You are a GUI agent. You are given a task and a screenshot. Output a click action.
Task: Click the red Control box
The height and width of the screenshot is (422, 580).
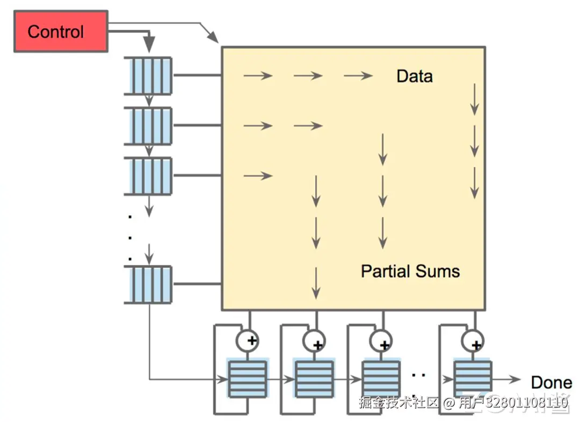[61, 32]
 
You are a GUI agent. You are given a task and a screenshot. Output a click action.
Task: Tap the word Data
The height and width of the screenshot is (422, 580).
[415, 76]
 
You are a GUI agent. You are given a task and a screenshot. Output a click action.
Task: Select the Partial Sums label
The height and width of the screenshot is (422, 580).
[410, 271]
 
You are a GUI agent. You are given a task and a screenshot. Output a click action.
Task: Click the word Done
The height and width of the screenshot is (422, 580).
[552, 382]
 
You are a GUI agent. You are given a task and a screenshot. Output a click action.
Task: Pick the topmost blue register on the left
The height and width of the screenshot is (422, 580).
[148, 76]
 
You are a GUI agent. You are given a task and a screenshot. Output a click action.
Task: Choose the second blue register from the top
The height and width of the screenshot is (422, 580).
[148, 126]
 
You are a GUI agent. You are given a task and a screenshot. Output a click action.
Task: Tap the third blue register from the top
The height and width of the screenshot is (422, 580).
[148, 176]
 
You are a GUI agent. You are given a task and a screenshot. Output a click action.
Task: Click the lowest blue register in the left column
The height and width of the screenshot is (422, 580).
[148, 285]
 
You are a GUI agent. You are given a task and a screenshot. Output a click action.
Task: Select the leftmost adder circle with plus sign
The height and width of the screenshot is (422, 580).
[248, 340]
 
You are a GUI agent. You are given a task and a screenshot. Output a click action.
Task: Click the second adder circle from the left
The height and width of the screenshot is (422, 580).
[314, 341]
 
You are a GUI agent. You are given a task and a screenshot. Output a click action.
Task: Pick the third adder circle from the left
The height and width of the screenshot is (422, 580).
[381, 341]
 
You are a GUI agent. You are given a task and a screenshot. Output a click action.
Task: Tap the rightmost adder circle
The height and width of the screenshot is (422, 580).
[473, 341]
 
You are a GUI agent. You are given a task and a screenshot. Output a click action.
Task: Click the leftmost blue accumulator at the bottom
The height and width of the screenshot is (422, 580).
[248, 379]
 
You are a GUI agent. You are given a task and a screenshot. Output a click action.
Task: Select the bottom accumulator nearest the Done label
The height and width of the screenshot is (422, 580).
[473, 379]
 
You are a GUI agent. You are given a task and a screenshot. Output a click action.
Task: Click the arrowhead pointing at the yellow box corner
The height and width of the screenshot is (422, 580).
[213, 37]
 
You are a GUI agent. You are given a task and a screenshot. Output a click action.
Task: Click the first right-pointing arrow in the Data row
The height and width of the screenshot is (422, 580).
[258, 76]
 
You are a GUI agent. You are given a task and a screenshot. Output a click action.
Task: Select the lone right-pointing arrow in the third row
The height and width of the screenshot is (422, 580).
[258, 176]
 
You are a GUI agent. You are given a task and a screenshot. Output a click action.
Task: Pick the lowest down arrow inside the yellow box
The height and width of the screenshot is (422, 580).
[316, 283]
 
